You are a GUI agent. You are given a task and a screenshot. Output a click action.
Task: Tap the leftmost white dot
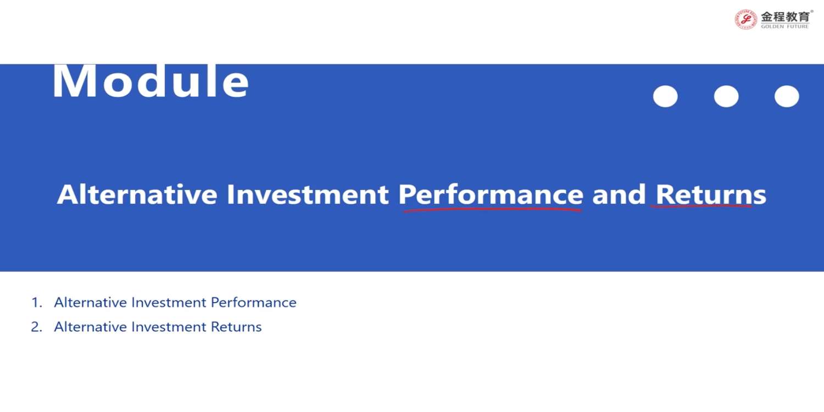click(665, 96)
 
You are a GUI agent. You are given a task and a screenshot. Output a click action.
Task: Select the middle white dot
click(726, 96)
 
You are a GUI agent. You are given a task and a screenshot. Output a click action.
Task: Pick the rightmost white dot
click(787, 96)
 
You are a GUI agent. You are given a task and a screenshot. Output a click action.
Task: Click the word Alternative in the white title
click(137, 194)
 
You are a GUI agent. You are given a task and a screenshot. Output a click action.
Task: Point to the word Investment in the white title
click(308, 194)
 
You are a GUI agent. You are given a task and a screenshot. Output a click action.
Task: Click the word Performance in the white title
click(491, 194)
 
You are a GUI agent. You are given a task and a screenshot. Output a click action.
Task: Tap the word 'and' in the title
click(619, 194)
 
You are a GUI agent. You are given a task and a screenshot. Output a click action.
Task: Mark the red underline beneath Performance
click(492, 210)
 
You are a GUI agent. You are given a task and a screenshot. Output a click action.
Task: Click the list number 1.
click(36, 303)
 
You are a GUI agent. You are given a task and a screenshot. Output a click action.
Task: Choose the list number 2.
click(36, 327)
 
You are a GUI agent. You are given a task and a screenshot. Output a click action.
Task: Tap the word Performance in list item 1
click(253, 302)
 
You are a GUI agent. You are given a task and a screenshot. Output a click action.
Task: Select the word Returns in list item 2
click(236, 327)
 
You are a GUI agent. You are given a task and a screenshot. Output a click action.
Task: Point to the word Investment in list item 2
click(169, 327)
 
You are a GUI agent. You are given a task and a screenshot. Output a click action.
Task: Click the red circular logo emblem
click(745, 19)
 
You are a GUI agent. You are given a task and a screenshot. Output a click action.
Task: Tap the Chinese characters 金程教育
click(786, 16)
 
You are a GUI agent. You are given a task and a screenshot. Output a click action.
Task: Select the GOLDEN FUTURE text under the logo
click(785, 26)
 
